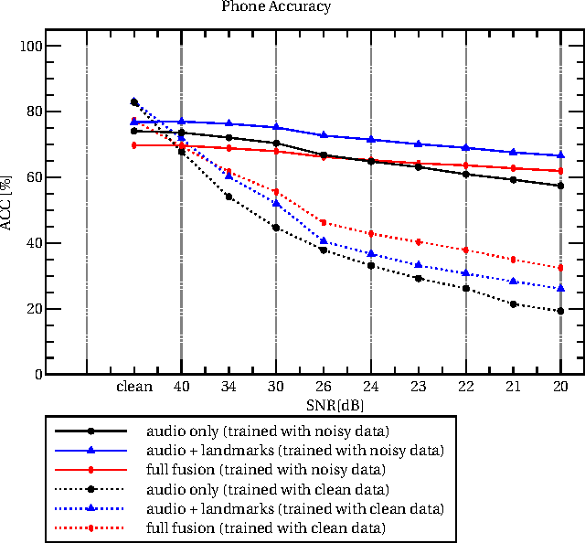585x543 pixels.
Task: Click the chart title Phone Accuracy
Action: pos(276,6)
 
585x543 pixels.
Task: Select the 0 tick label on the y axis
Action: pos(38,375)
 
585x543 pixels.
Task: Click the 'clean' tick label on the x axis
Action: pos(134,387)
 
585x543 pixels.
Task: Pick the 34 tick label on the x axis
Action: pos(229,387)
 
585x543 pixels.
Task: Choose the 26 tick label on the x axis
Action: pos(323,387)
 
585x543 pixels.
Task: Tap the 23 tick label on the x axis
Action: pos(418,387)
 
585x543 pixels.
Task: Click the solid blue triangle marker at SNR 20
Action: pos(559,155)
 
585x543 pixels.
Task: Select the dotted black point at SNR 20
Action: pos(559,311)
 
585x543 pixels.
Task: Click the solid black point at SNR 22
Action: pos(465,174)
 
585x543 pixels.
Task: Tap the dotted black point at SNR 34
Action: pos(229,197)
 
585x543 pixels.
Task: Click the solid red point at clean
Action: pos(134,145)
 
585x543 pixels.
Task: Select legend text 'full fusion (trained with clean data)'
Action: pos(264,528)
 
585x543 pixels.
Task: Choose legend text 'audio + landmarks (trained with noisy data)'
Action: pos(295,450)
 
